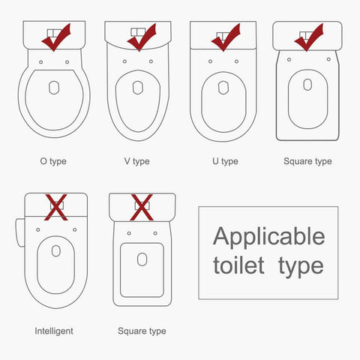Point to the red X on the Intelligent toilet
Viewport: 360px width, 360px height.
[56, 207]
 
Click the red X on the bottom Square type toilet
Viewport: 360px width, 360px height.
[142, 207]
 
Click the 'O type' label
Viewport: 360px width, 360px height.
[53, 161]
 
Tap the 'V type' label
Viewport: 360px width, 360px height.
[137, 161]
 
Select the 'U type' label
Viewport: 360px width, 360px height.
[225, 161]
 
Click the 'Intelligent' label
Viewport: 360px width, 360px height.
[54, 331]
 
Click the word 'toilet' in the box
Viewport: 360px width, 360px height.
[238, 265]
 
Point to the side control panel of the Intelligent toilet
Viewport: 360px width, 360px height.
[20, 232]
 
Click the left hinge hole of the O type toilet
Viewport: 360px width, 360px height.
[41, 62]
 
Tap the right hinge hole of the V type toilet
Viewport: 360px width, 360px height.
[151, 61]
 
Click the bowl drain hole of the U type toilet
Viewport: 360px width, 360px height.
[223, 88]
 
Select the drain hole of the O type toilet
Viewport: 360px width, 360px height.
[54, 88]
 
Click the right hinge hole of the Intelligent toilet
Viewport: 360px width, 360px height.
[75, 229]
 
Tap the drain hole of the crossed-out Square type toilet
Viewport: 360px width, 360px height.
[142, 259]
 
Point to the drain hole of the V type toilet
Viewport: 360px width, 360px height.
[138, 88]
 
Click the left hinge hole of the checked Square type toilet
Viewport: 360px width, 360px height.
[289, 59]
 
